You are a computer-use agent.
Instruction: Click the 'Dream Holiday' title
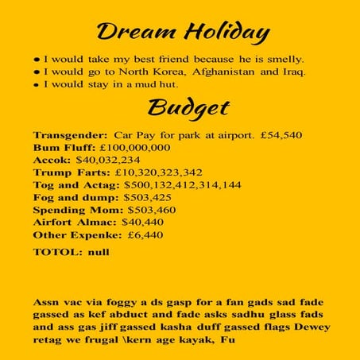click(x=182, y=33)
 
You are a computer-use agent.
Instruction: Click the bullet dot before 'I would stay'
click(x=37, y=85)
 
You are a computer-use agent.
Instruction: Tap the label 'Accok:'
click(x=52, y=160)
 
